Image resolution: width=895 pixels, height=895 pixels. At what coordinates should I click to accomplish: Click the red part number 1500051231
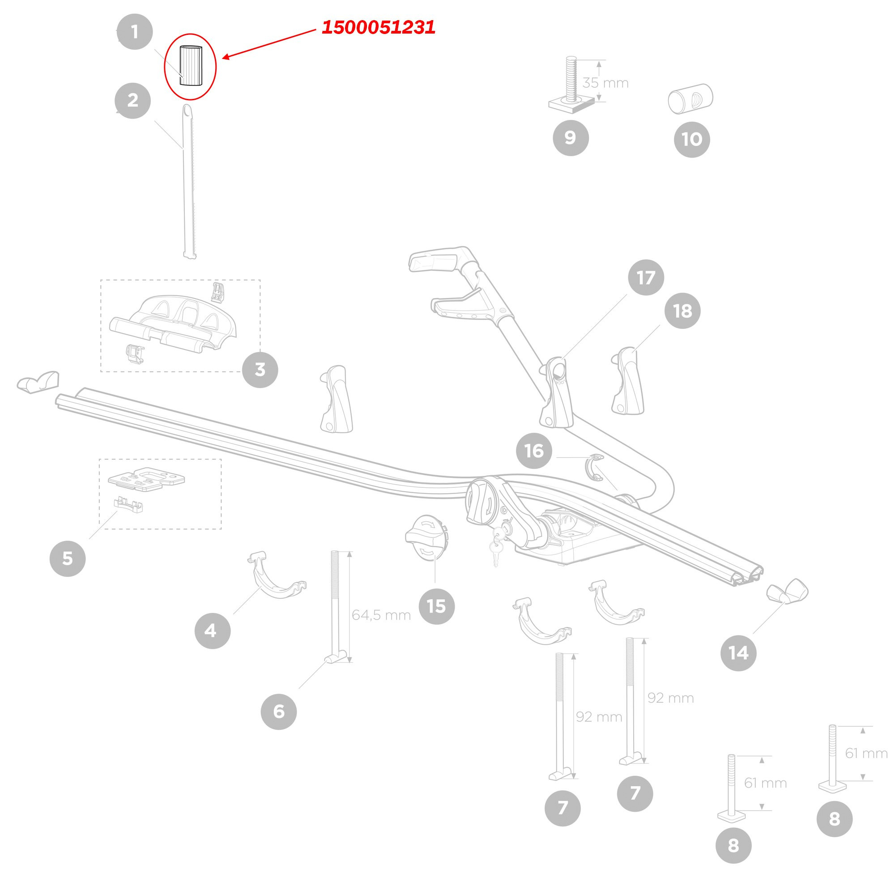[x=379, y=27]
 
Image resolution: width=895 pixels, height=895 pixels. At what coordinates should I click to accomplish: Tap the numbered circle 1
[x=134, y=32]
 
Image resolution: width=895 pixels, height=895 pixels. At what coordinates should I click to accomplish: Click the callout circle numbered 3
[x=260, y=370]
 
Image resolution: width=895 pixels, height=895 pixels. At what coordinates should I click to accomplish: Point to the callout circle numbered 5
[x=68, y=558]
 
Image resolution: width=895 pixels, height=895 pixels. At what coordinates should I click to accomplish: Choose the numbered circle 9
[x=571, y=137]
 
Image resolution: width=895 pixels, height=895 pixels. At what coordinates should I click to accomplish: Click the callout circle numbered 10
[x=692, y=139]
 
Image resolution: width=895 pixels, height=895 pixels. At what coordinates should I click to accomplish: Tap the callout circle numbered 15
[x=436, y=606]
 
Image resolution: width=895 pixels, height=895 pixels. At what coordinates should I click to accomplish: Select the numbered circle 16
[x=534, y=451]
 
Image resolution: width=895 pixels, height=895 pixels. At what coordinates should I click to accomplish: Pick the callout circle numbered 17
[x=646, y=277]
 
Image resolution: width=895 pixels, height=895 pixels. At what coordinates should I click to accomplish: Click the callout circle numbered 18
[x=682, y=311]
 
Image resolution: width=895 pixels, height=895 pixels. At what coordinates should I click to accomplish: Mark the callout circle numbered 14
[x=738, y=653]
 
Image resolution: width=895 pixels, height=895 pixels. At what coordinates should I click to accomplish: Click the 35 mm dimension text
[x=605, y=83]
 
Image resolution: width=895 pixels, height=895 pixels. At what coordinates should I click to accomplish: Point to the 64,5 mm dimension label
[x=381, y=615]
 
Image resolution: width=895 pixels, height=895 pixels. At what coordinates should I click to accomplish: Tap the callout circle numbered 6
[x=278, y=712]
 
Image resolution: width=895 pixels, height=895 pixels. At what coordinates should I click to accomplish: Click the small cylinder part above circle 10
[x=690, y=98]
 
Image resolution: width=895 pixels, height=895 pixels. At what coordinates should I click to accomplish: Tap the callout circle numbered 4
[x=212, y=630]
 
